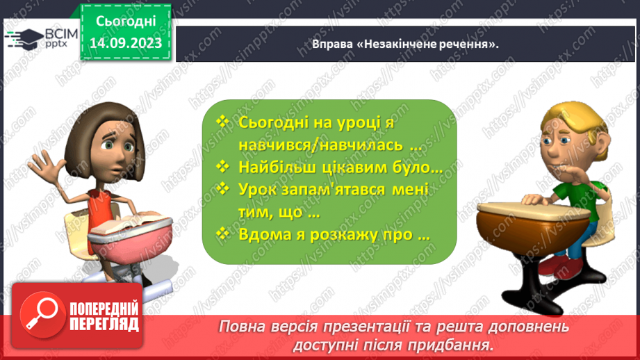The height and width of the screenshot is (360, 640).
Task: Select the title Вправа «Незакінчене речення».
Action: pyautogui.click(x=406, y=44)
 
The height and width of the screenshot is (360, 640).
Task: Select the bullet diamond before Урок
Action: pyautogui.click(x=222, y=189)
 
